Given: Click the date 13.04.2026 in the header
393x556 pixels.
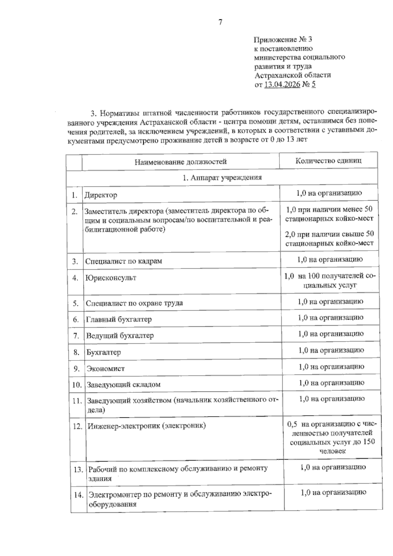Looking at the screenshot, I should pyautogui.click(x=282, y=85).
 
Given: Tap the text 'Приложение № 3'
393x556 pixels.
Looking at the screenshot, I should pyautogui.click(x=283, y=40).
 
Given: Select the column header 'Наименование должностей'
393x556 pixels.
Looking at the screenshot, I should pyautogui.click(x=180, y=162).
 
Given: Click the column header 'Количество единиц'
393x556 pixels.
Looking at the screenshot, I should pyautogui.click(x=328, y=161).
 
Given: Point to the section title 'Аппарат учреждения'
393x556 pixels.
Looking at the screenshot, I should pyautogui.click(x=222, y=178).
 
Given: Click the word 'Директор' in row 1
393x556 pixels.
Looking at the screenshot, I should pyautogui.click(x=101, y=195).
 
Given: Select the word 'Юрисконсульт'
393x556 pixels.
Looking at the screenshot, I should pyautogui.click(x=111, y=278).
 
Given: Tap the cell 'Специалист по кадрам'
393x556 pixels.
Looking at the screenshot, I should pyautogui.click(x=124, y=261).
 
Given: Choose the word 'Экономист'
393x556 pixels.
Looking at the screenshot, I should pyautogui.click(x=105, y=369).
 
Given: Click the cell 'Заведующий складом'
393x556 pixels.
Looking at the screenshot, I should pyautogui.click(x=123, y=385).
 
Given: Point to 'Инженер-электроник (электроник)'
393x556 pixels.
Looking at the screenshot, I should pyautogui.click(x=147, y=426).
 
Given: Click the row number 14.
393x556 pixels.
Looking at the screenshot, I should pyautogui.click(x=79, y=495).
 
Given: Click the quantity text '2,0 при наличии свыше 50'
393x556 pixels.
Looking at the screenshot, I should pyautogui.click(x=329, y=234).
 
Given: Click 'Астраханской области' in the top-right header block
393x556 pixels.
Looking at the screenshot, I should pyautogui.click(x=293, y=75).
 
